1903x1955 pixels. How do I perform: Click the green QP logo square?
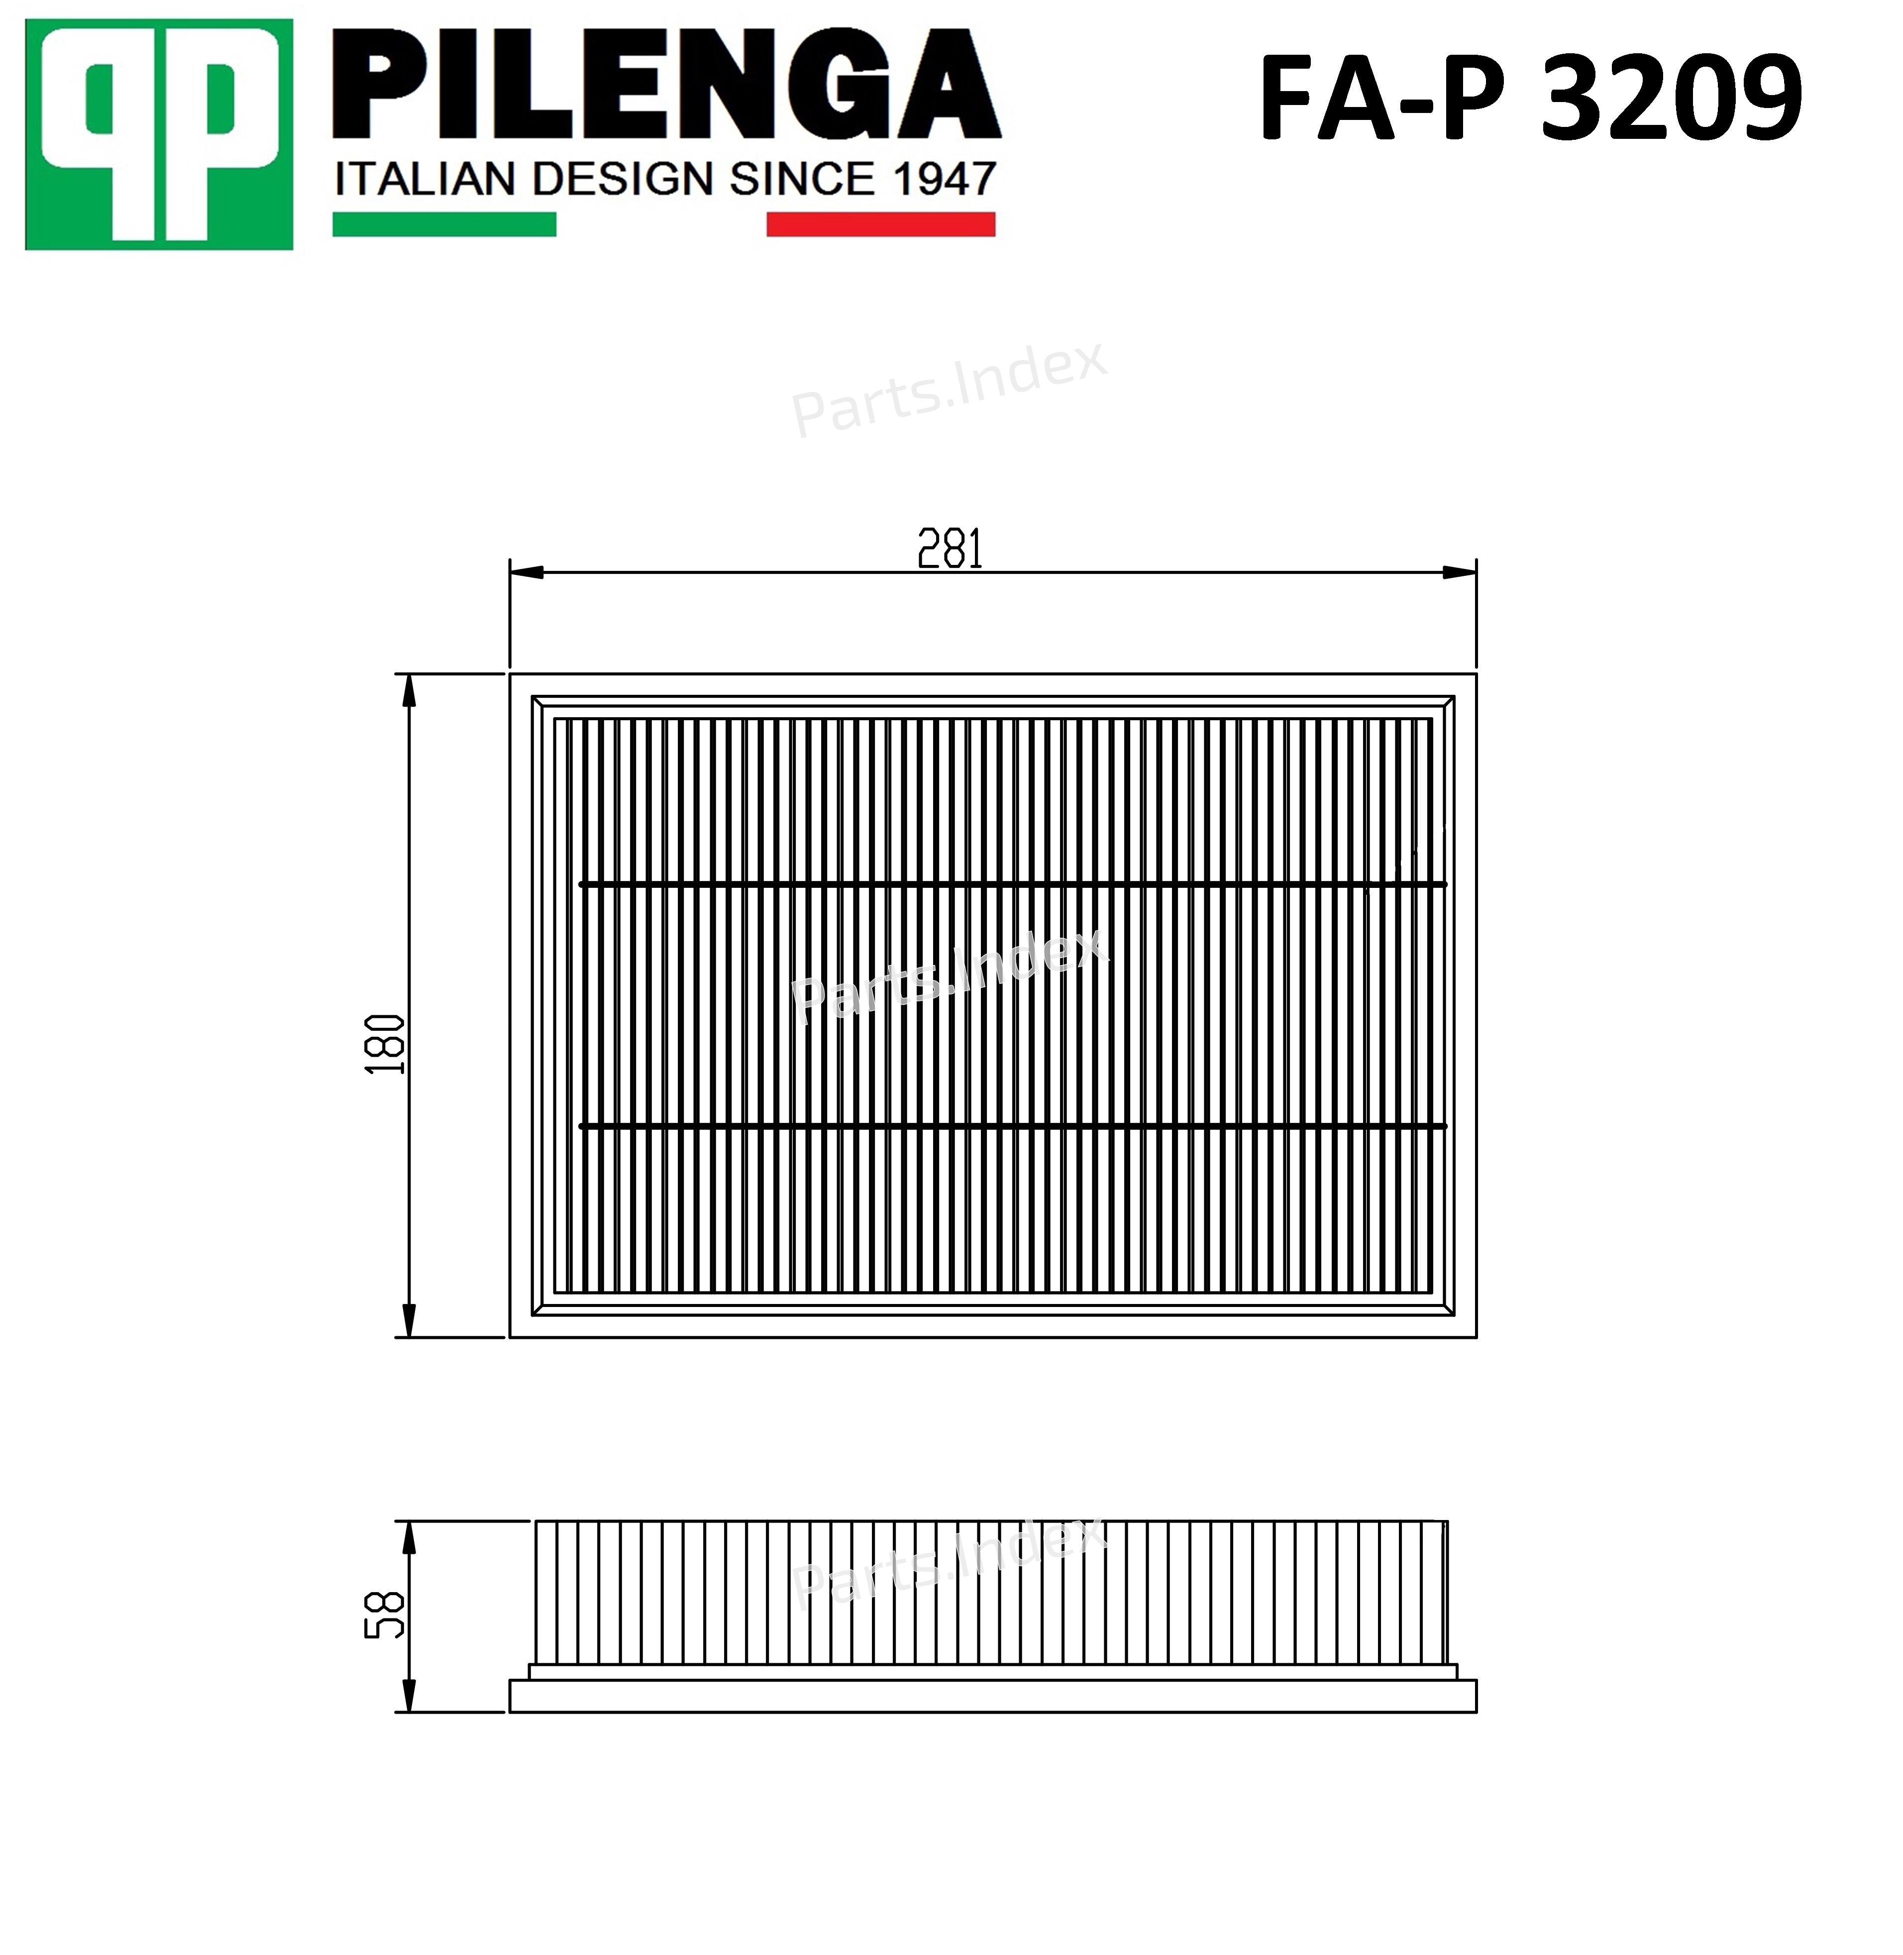(x=159, y=135)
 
